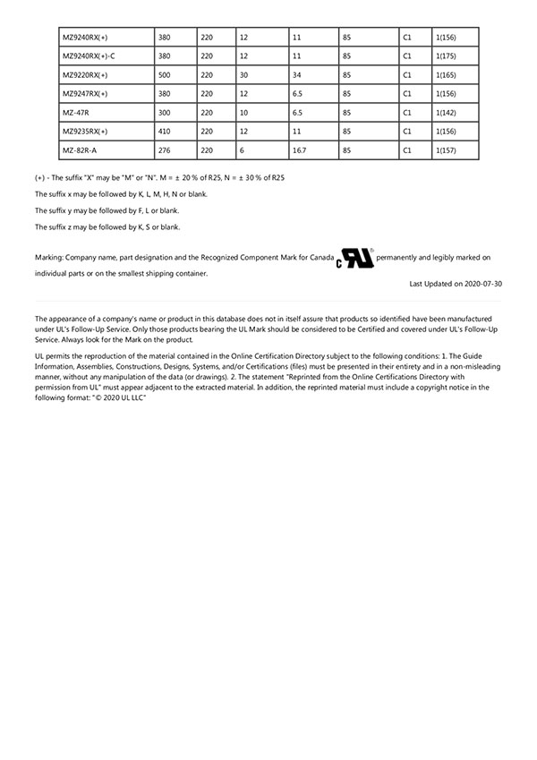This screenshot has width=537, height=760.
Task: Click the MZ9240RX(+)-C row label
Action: tap(89, 56)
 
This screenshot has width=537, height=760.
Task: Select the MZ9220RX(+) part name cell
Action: tap(85, 75)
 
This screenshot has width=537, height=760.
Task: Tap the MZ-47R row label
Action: tap(76, 113)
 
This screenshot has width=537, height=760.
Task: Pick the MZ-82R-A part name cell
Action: tap(80, 150)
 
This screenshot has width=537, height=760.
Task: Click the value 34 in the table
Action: tap(297, 75)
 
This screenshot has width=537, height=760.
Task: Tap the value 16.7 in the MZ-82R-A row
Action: tap(300, 150)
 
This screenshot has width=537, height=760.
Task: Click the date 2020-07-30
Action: tap(483, 284)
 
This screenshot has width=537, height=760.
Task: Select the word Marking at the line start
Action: tap(49, 258)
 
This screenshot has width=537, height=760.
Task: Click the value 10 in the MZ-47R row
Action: tap(243, 113)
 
